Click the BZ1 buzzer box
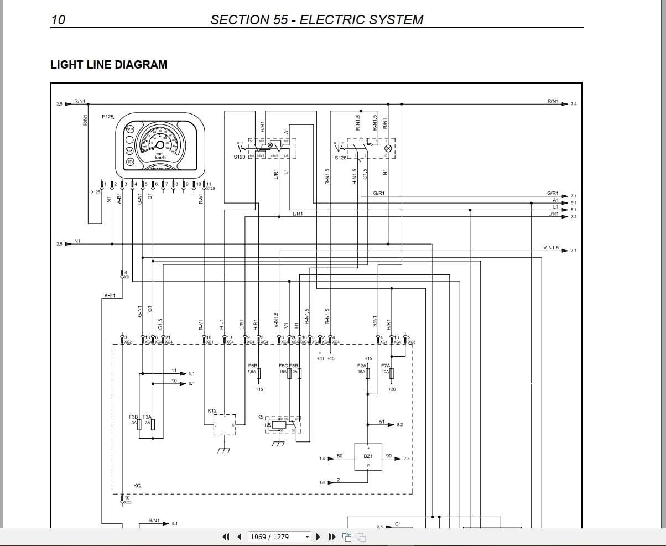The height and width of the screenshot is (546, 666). click(x=368, y=457)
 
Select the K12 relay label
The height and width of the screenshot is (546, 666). click(x=212, y=410)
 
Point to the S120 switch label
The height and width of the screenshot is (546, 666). click(x=239, y=157)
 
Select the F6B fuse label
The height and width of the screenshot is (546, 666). click(x=253, y=366)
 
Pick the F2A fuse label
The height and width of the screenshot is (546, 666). click(x=362, y=366)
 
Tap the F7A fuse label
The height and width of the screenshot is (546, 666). click(x=386, y=366)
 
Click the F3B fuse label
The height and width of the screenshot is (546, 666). click(x=133, y=417)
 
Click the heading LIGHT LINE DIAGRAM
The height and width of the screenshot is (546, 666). click(x=108, y=65)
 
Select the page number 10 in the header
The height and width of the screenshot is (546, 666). click(x=58, y=20)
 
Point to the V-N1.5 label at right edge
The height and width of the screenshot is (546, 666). click(x=551, y=248)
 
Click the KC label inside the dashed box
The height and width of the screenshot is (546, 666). click(x=137, y=486)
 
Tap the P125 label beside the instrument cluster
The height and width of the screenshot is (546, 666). click(x=107, y=117)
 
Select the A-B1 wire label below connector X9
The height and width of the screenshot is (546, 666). click(x=110, y=295)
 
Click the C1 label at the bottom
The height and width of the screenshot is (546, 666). click(x=398, y=523)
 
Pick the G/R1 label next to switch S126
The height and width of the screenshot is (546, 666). click(x=379, y=193)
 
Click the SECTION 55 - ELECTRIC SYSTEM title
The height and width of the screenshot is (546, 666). click(x=316, y=20)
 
